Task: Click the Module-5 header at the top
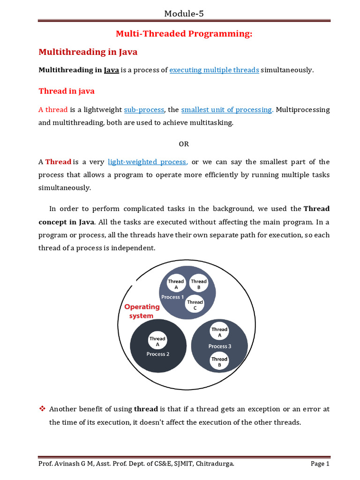coord(184,14)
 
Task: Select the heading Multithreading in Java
coord(88,52)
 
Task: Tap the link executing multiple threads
coord(214,70)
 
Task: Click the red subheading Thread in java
coord(66,90)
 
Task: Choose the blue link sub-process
coord(144,110)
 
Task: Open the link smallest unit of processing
coord(226,110)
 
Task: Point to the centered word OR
coord(184,144)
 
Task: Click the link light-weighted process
coord(147,162)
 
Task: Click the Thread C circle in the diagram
coord(195,305)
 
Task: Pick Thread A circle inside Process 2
coord(157,341)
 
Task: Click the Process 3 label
coord(220,346)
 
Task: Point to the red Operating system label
coord(142,311)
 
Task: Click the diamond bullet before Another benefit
coord(42,409)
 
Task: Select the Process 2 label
coord(158,354)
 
